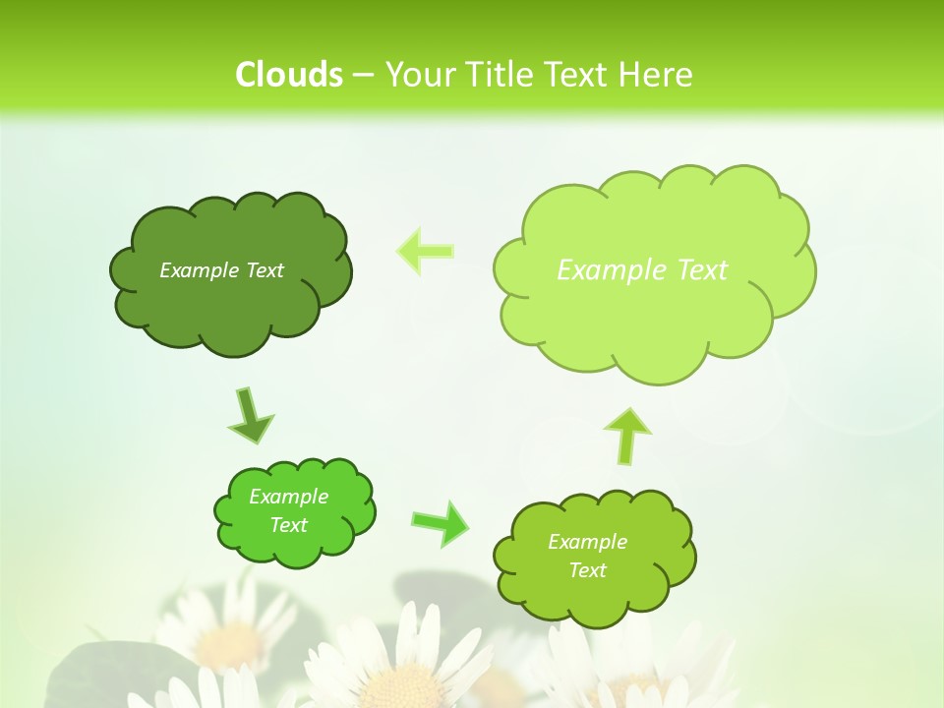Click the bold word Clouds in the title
click(288, 74)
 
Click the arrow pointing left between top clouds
click(425, 251)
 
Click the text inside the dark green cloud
click(221, 270)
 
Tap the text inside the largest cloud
click(642, 270)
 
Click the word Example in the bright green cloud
click(288, 497)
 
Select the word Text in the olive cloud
click(587, 570)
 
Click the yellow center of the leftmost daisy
click(228, 644)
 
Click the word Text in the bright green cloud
click(288, 525)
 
